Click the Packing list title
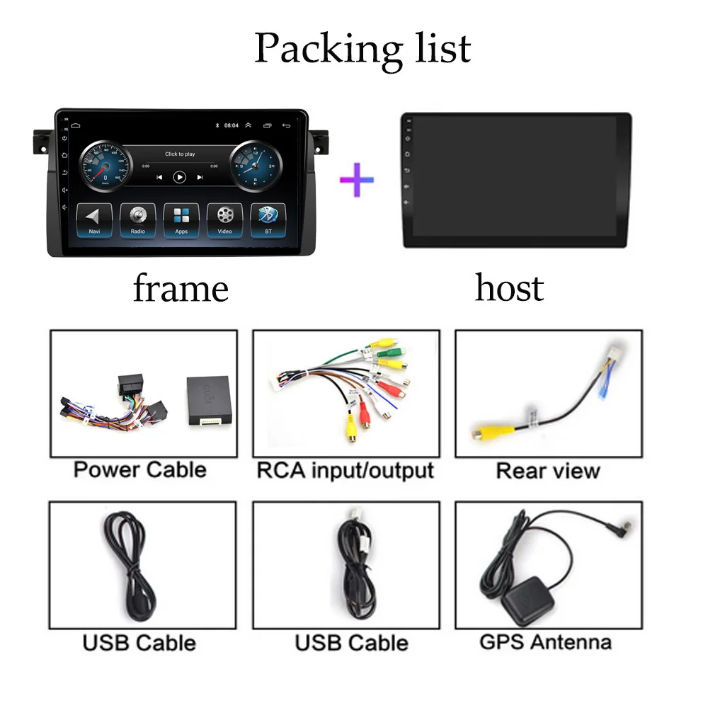click(362, 48)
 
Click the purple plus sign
click(356, 180)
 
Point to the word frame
click(181, 288)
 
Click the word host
click(509, 287)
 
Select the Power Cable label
click(139, 469)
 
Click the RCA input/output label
click(345, 469)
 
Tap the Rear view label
click(547, 470)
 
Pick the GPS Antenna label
click(545, 642)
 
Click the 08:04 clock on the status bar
click(231, 125)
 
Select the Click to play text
click(180, 154)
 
